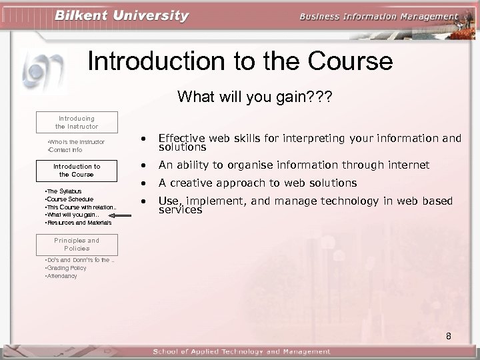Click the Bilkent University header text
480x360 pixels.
pyautogui.click(x=121, y=16)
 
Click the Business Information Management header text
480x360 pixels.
pyautogui.click(x=379, y=17)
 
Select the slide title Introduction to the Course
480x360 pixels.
pyautogui.click(x=240, y=61)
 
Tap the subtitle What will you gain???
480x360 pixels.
pyautogui.click(x=255, y=97)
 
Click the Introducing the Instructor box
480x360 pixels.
pyautogui.click(x=77, y=122)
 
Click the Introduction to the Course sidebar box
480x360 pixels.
pyautogui.click(x=77, y=170)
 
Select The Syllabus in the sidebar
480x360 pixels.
pyautogui.click(x=62, y=191)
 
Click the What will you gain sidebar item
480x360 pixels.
pyautogui.click(x=70, y=215)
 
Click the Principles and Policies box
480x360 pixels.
pyautogui.click(x=77, y=244)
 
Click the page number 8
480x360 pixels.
pyautogui.click(x=448, y=336)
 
